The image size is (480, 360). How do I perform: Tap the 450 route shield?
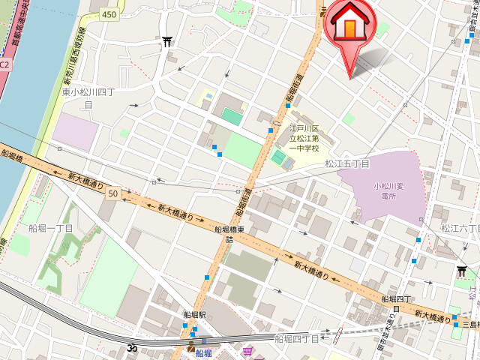point(109,14)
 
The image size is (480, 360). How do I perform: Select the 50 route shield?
point(112,193)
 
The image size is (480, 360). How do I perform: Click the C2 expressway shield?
point(5,64)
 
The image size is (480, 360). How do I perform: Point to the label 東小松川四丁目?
point(88,98)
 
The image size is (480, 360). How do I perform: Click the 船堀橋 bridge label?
point(13,157)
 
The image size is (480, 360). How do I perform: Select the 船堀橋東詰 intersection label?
point(229,235)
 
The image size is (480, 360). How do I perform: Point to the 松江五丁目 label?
point(347,163)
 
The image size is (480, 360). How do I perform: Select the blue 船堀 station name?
point(203,353)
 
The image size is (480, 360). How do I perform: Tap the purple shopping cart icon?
point(247,351)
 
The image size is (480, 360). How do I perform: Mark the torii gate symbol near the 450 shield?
point(166,41)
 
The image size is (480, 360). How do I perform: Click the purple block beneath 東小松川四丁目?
point(75,132)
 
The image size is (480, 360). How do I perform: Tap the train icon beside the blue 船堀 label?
point(190,346)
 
